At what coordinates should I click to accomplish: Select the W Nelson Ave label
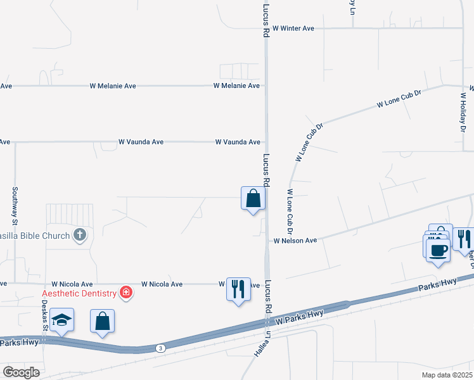(x=295, y=241)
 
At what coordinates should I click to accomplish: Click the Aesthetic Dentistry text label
(x=80, y=293)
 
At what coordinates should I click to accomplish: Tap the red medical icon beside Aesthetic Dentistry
(x=126, y=293)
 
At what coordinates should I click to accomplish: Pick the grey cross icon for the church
(x=79, y=235)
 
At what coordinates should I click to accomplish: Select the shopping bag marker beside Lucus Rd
(x=253, y=198)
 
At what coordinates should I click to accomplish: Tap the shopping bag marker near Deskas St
(x=103, y=321)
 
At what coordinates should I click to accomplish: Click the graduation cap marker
(x=62, y=320)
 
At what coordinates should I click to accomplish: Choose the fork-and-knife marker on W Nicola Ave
(x=238, y=289)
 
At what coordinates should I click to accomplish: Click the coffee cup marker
(x=437, y=250)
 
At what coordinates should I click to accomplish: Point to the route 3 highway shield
(x=161, y=348)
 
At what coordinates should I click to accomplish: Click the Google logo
(x=22, y=372)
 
